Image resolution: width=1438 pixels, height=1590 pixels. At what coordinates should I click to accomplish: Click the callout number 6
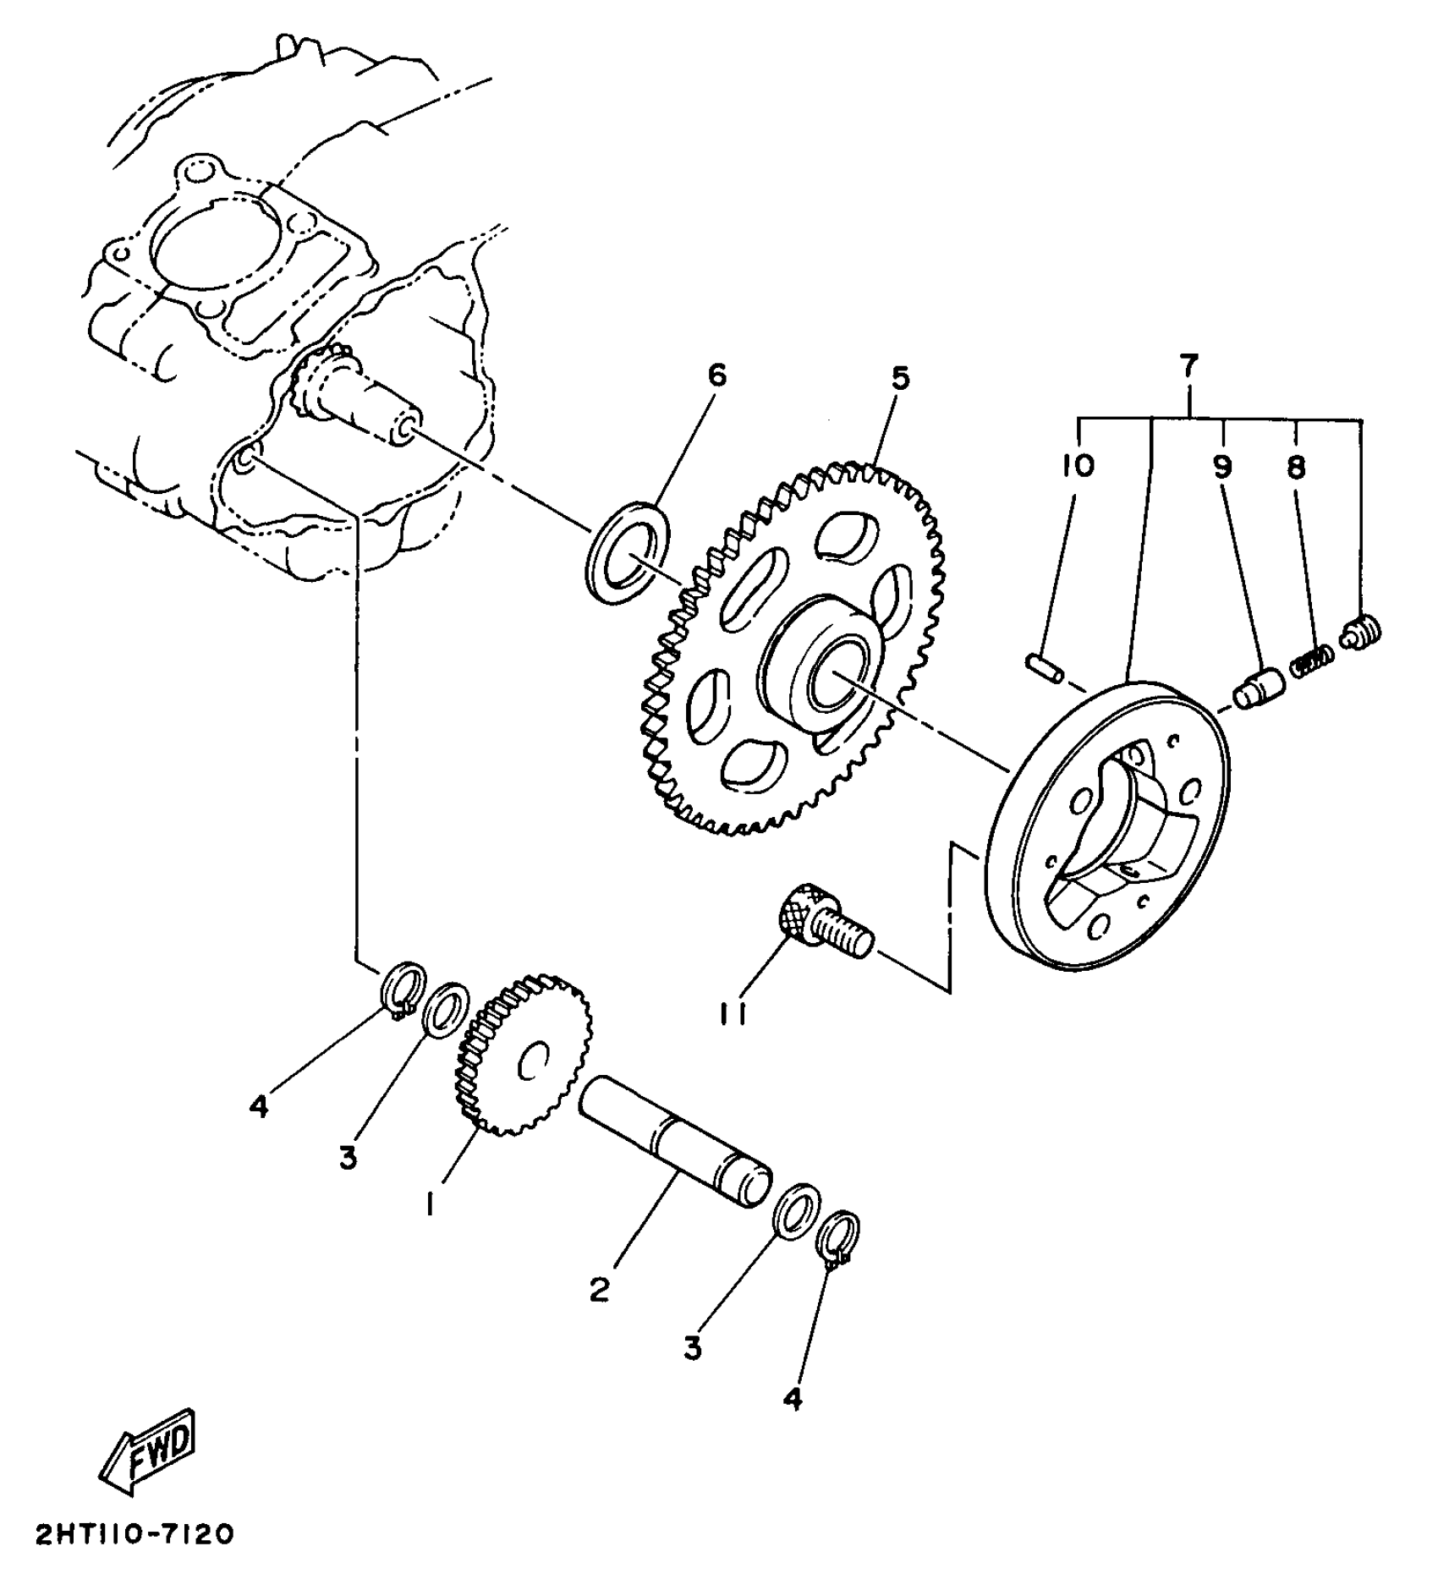716,376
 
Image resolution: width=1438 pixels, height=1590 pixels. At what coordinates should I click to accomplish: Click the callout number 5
900,378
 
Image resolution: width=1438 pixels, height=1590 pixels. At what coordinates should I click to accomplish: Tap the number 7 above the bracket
1188,366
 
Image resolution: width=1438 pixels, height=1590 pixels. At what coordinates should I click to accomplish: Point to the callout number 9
1223,466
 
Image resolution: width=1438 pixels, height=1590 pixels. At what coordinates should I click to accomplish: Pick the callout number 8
1297,466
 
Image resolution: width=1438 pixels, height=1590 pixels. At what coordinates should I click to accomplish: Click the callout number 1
432,1203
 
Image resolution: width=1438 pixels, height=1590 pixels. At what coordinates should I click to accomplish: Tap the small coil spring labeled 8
1312,658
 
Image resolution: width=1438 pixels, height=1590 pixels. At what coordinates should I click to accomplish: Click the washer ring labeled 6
628,553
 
